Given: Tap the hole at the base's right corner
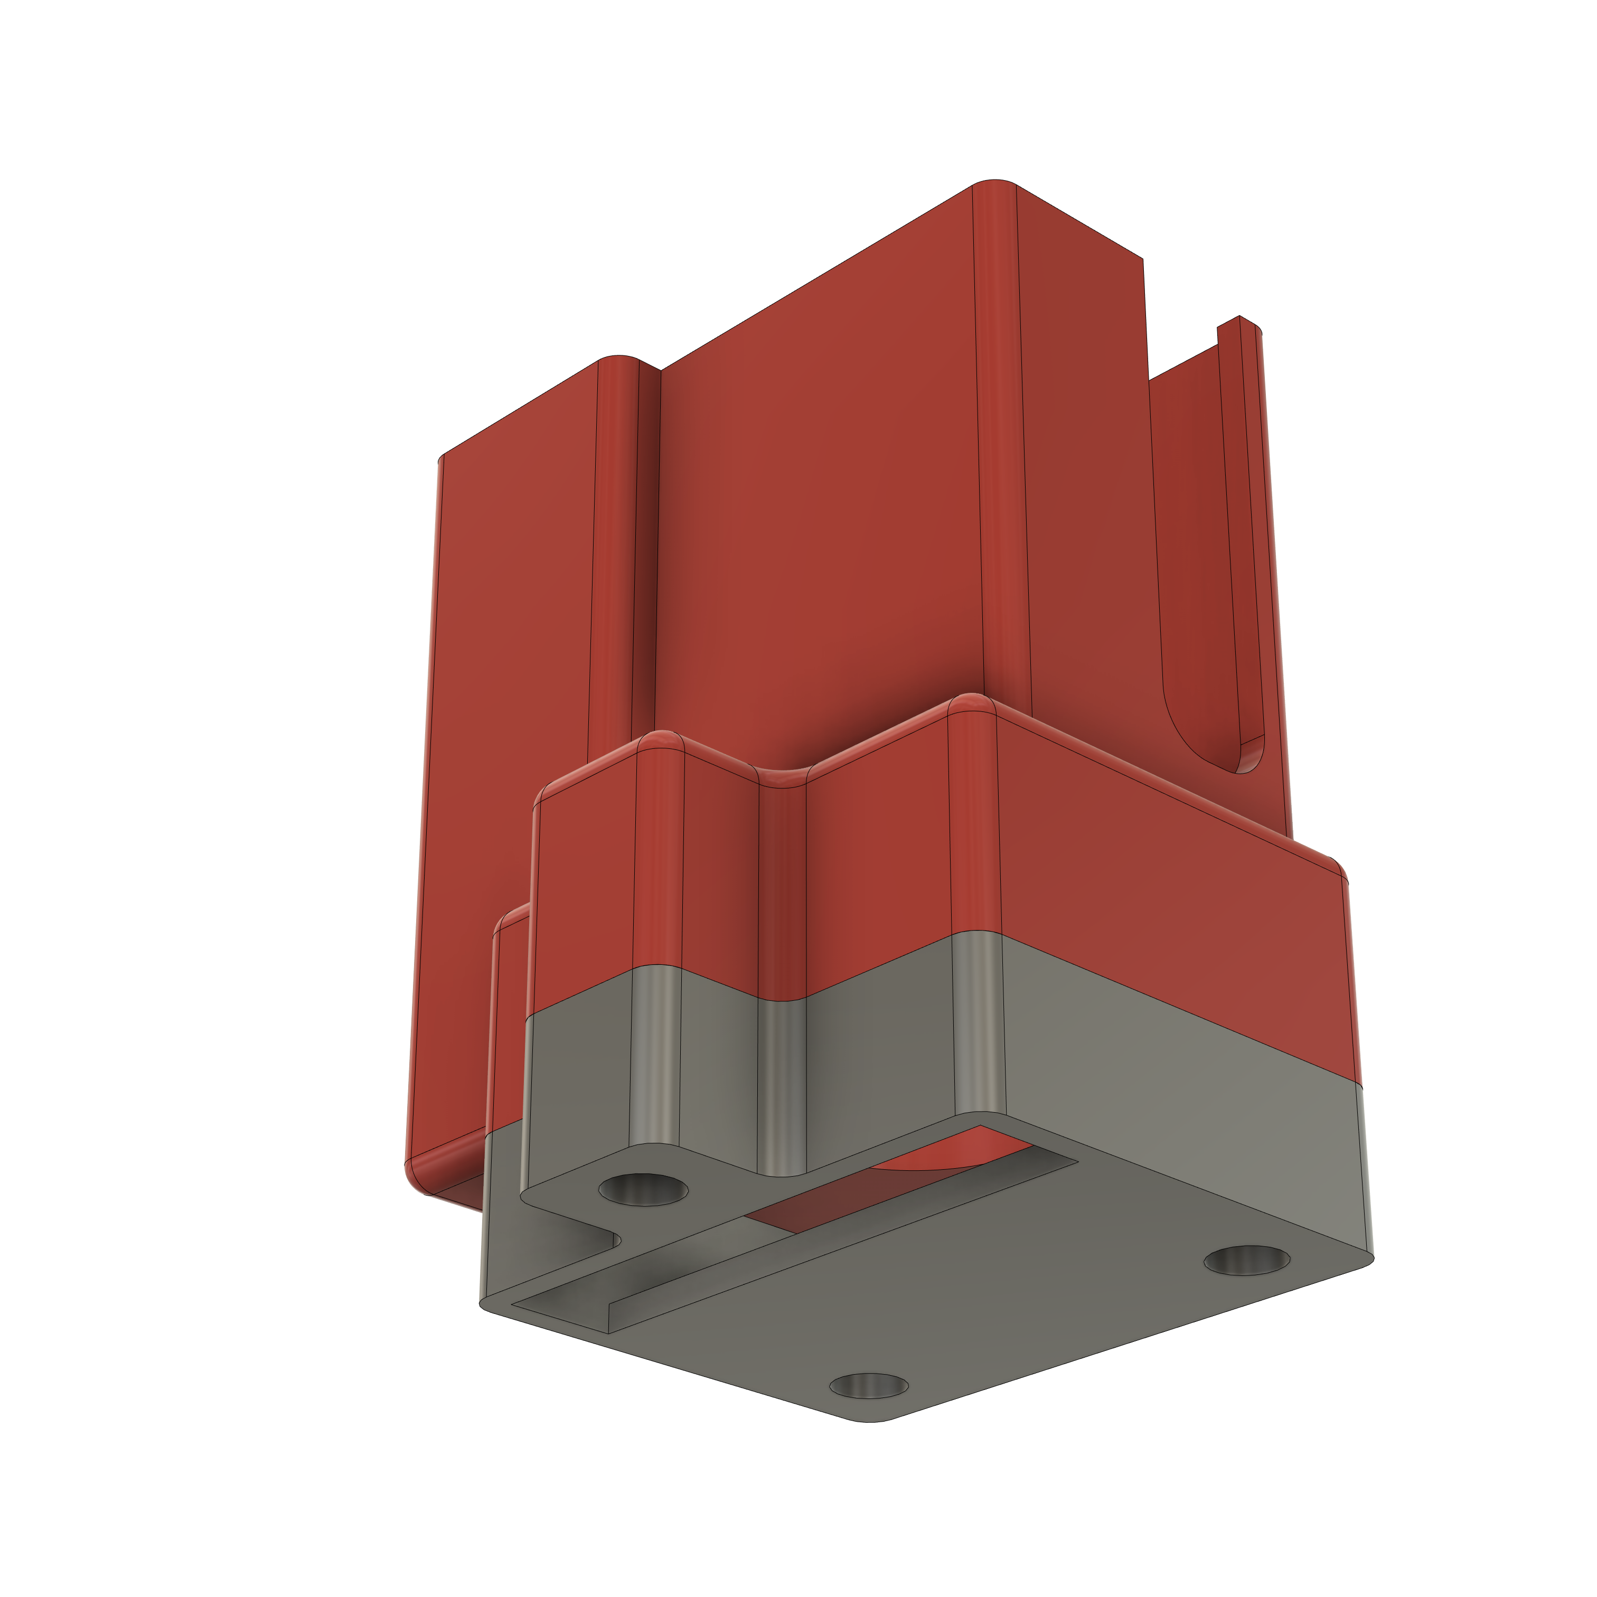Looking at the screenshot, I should tap(1246, 1260).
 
